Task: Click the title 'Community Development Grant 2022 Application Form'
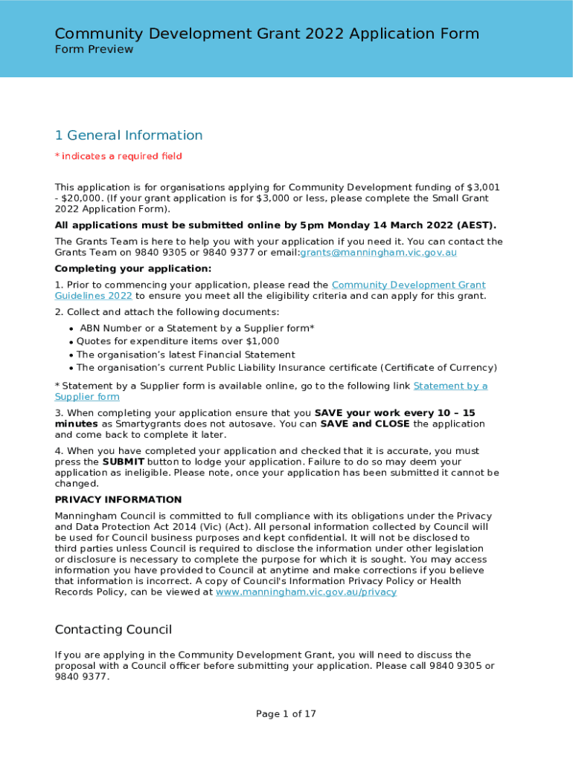pos(267,34)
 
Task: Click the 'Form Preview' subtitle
pos(94,50)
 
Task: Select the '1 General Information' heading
pos(129,135)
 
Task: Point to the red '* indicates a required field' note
pos(118,156)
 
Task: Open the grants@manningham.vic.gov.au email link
pos(378,253)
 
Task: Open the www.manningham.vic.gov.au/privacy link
pos(306,592)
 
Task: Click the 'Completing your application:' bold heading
pos(133,269)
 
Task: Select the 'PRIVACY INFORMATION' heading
pos(118,500)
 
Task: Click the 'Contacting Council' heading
pos(113,630)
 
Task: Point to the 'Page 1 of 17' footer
pos(286,714)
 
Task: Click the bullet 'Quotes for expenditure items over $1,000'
pos(178,342)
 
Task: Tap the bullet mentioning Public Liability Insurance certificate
pos(286,368)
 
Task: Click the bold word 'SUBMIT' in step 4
pos(124,462)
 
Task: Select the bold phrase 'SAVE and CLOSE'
pos(365,424)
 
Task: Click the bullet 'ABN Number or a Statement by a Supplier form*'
pos(196,328)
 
